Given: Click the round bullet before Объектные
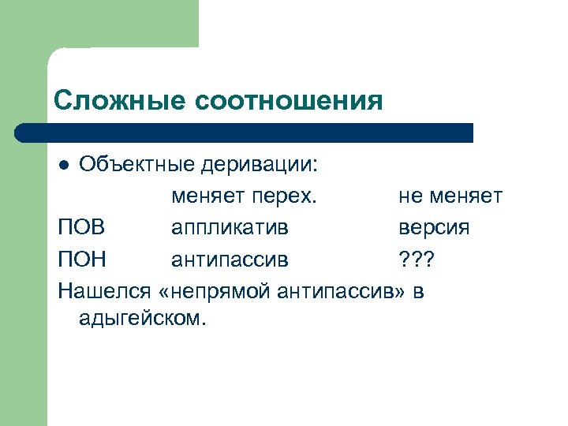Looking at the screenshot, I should click(65, 165).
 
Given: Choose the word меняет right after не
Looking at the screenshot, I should click(466, 196).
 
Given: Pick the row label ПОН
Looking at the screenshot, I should click(81, 259).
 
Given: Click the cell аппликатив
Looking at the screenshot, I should click(230, 227).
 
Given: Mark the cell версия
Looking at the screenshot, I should click(434, 227).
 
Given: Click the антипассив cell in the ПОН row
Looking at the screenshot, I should click(230, 259).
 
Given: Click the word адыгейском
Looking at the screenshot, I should click(141, 319).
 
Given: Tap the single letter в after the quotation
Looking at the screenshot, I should click(418, 290).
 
